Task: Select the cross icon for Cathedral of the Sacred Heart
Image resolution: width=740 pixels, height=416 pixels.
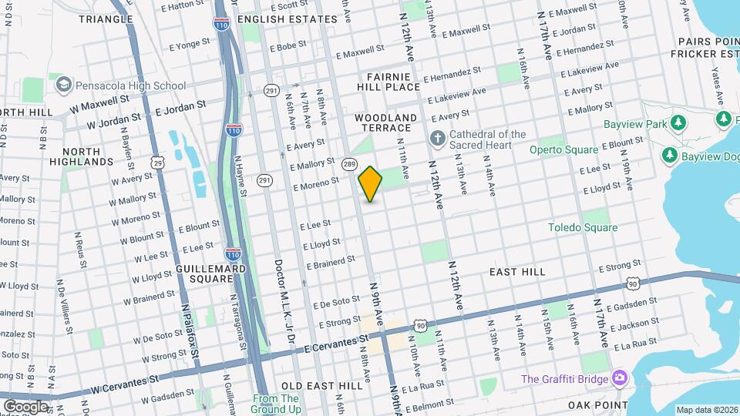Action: click(x=437, y=139)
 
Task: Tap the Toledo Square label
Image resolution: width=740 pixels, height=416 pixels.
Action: click(x=582, y=227)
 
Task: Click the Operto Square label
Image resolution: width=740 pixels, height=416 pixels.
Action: click(x=563, y=149)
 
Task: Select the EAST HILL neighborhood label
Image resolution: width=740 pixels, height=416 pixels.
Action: click(x=517, y=272)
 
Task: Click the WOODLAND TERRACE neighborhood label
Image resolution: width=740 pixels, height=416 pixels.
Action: click(x=385, y=123)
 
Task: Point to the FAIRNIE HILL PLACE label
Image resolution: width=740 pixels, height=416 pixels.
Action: click(x=393, y=82)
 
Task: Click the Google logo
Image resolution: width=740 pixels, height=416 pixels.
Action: click(x=25, y=406)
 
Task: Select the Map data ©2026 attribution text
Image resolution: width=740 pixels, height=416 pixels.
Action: click(x=706, y=410)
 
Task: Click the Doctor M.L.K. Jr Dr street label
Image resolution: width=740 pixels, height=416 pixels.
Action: click(x=279, y=300)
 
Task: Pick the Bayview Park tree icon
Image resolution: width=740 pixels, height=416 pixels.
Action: click(x=678, y=123)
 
